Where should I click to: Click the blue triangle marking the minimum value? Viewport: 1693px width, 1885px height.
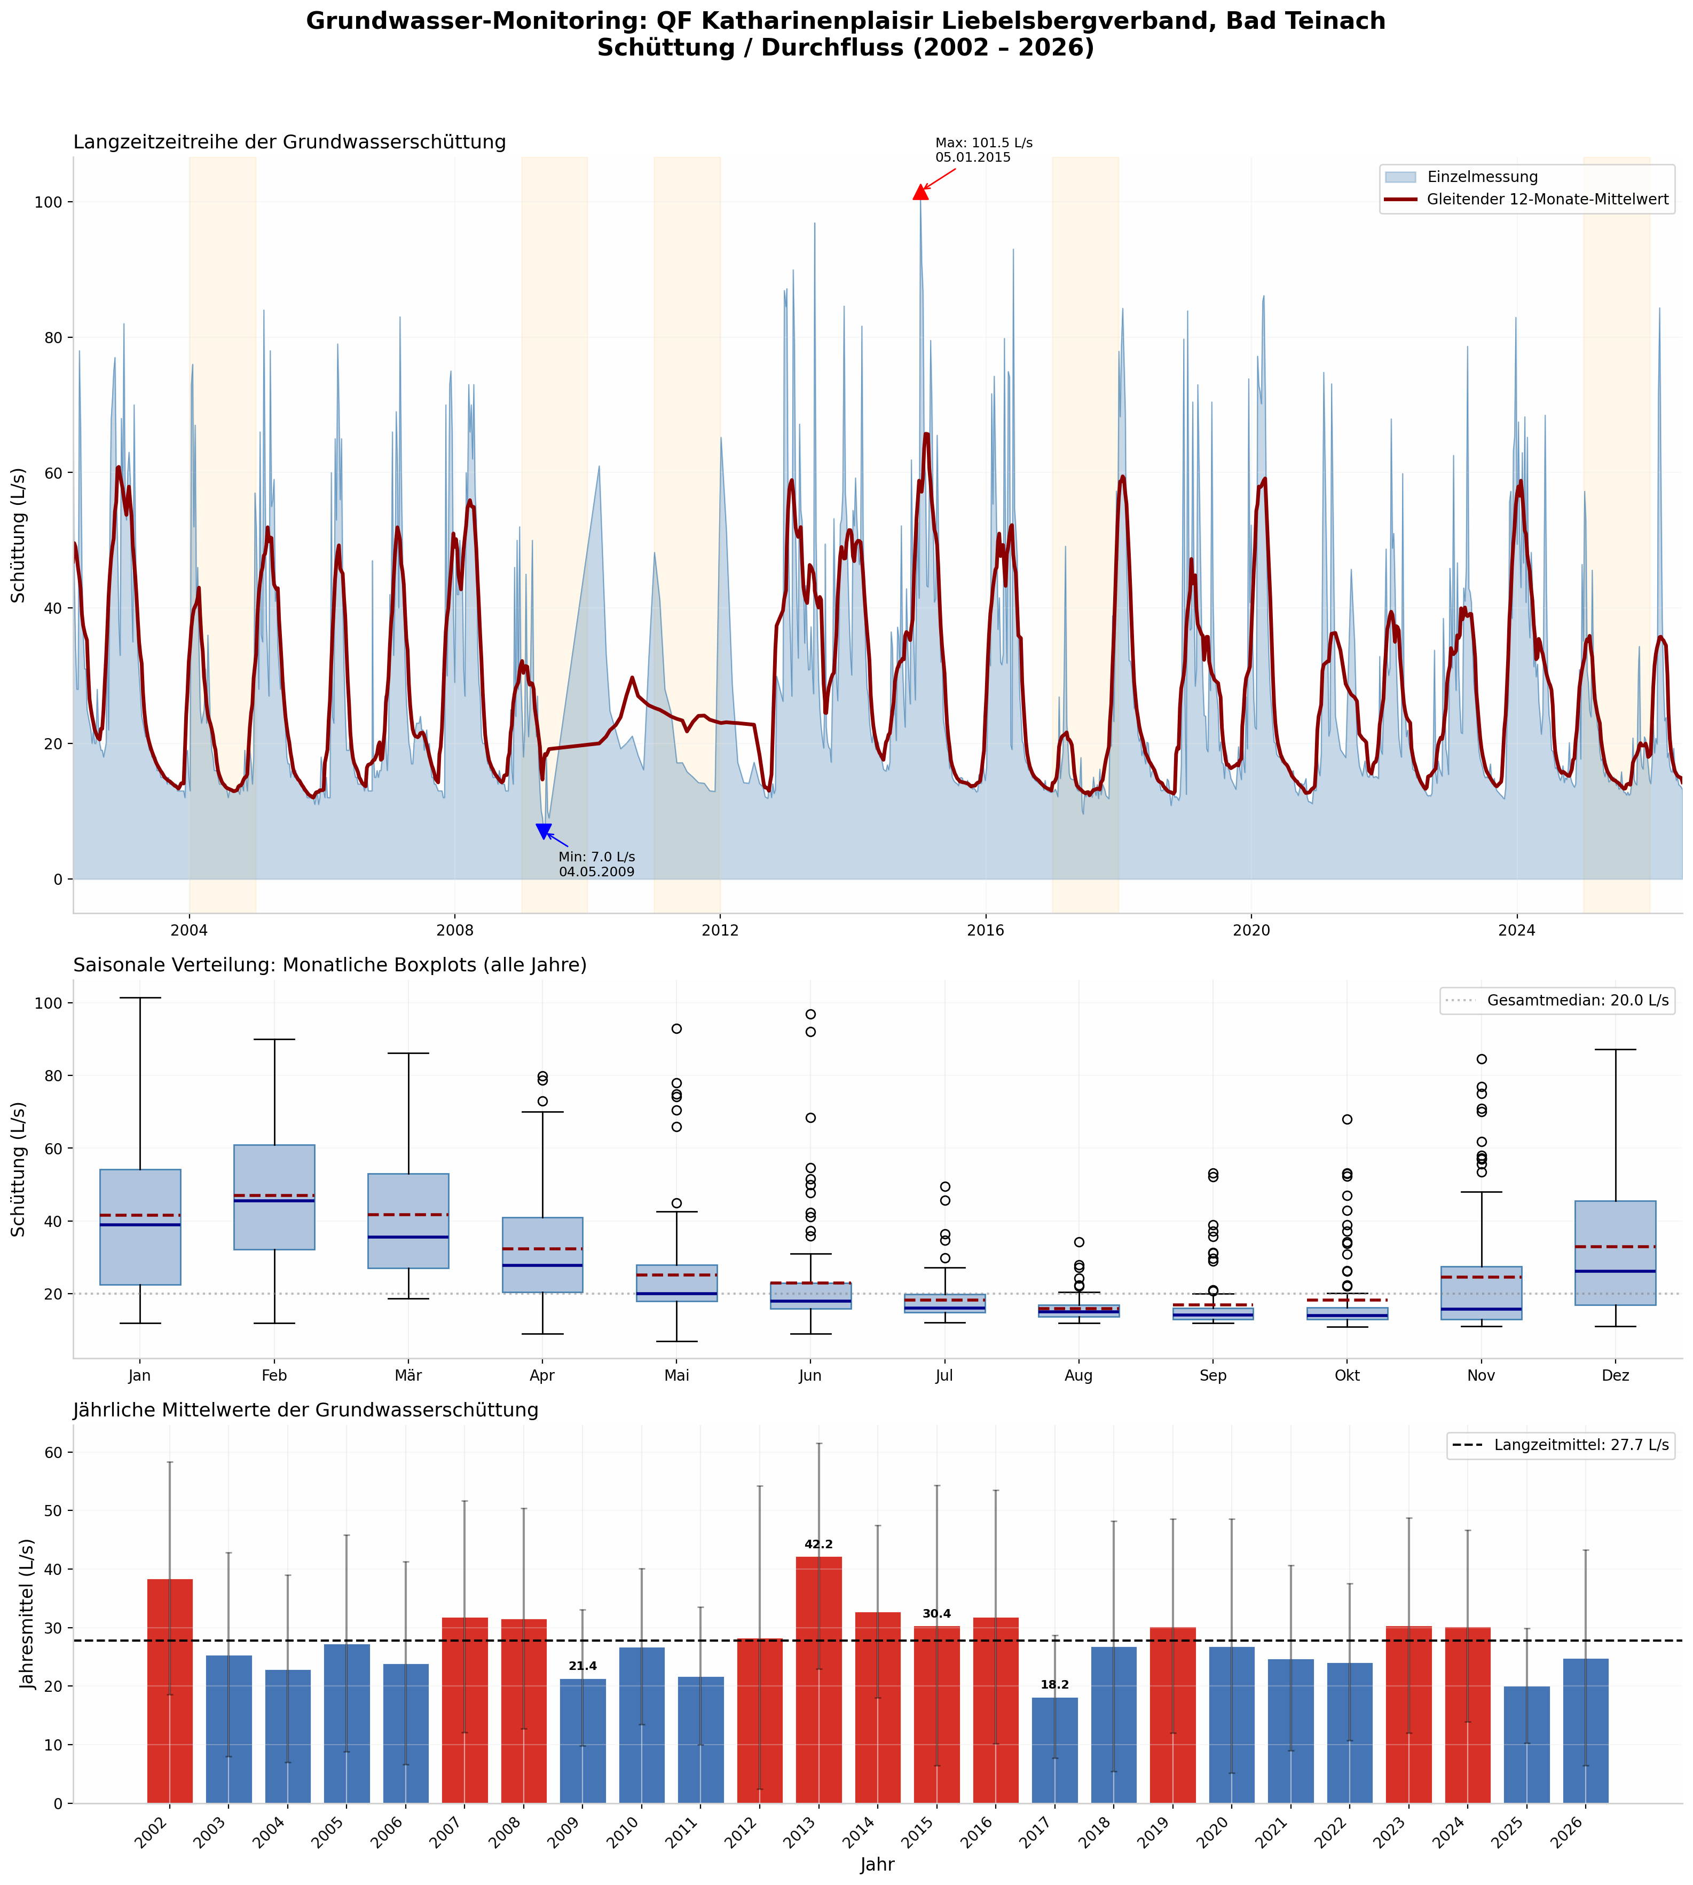click(x=544, y=830)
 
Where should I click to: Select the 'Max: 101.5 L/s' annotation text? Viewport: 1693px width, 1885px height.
click(x=983, y=143)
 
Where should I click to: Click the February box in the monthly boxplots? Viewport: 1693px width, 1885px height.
click(x=274, y=1197)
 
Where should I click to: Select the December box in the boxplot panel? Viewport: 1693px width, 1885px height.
click(x=1615, y=1253)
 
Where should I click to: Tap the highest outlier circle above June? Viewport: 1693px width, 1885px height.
click(x=810, y=1013)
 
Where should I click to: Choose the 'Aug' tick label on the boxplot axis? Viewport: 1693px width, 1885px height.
click(x=1079, y=1375)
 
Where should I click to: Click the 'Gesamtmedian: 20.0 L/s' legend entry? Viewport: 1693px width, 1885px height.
click(x=1557, y=1001)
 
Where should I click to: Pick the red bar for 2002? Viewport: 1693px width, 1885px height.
click(x=170, y=1691)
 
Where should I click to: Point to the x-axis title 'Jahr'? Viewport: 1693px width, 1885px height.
click(x=877, y=1864)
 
